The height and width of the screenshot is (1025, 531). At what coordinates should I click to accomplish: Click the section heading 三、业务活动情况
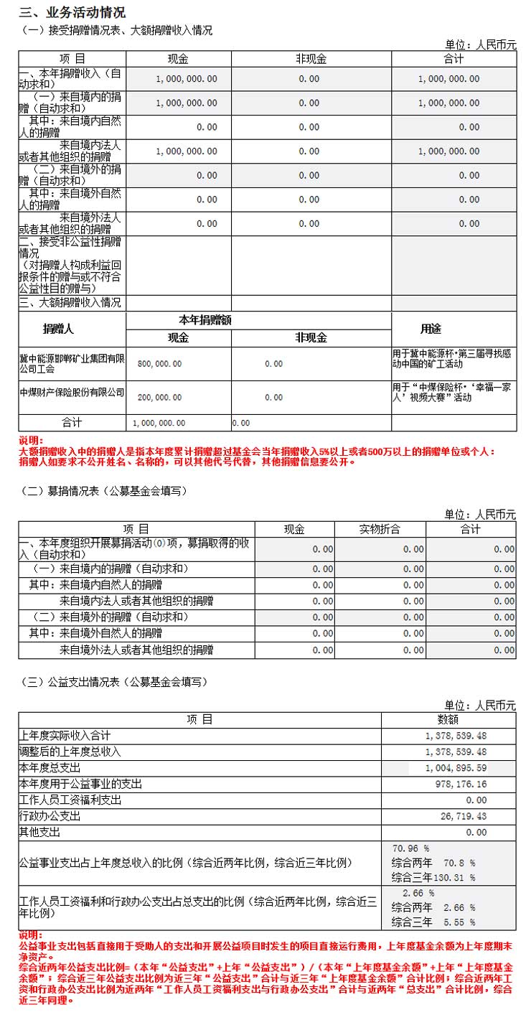tap(72, 12)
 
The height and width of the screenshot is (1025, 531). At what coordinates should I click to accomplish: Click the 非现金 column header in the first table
tap(310, 59)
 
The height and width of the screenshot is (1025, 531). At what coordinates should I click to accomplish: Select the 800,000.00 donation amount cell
tap(159, 364)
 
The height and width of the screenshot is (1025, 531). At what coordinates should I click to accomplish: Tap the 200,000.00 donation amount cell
tap(159, 397)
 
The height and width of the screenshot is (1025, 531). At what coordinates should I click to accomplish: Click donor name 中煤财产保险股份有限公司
tap(71, 392)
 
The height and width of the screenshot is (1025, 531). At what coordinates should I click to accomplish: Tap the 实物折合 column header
tap(380, 529)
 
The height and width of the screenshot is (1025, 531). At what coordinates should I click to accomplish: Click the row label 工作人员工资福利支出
tap(70, 800)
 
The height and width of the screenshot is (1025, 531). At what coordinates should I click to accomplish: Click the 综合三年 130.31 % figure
tap(433, 877)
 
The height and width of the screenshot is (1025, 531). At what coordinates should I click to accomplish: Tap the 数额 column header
tap(448, 719)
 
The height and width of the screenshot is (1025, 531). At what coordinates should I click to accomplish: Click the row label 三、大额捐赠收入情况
tap(70, 303)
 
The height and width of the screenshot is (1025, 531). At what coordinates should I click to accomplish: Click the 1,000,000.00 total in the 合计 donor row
tap(159, 423)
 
